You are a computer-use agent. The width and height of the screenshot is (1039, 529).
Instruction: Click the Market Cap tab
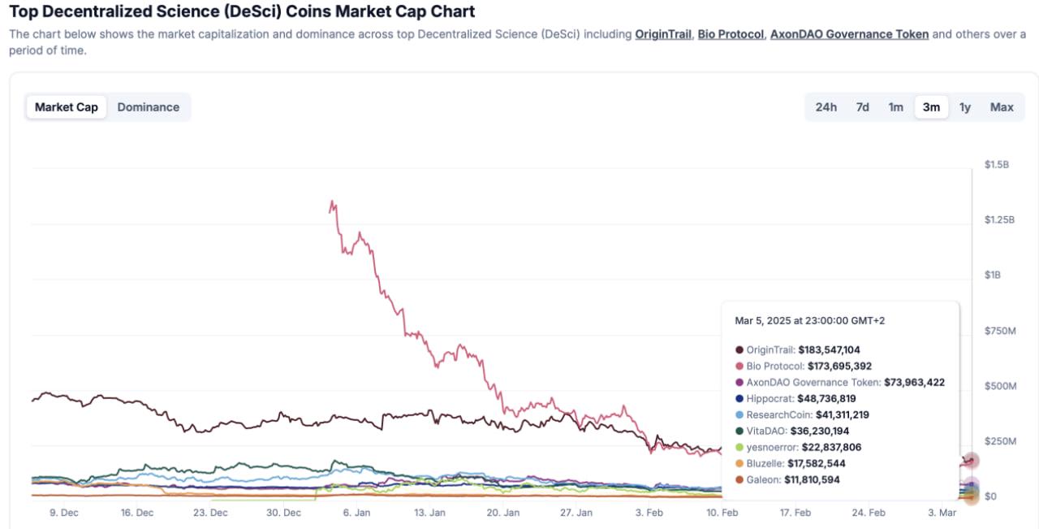[x=66, y=107]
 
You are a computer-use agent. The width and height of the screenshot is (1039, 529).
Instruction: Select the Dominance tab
[x=148, y=107]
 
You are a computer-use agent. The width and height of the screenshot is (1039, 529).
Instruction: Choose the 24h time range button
[x=826, y=107]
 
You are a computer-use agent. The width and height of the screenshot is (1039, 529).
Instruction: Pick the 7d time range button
[x=862, y=107]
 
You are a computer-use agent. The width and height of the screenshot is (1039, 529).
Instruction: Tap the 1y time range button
[x=964, y=107]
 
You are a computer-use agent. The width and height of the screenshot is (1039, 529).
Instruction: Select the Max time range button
[x=1002, y=107]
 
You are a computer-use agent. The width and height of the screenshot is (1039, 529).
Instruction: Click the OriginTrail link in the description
[x=663, y=35]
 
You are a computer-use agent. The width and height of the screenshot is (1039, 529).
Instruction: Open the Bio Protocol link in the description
[x=731, y=35]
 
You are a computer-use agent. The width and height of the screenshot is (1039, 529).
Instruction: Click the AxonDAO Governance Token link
[x=849, y=35]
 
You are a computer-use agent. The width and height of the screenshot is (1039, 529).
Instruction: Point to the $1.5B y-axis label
[x=996, y=165]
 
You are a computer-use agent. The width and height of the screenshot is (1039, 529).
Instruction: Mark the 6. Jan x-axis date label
[x=357, y=513]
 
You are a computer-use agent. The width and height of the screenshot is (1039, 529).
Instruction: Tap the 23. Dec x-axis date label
[x=210, y=513]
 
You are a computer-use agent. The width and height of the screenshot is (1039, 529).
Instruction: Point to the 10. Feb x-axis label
[x=722, y=513]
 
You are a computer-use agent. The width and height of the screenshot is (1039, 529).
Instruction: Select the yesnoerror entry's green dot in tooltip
[x=739, y=448]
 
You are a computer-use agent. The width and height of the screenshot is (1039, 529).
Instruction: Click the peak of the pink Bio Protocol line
[x=332, y=202]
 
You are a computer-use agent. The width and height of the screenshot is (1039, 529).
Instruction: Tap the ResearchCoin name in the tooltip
[x=778, y=415]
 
